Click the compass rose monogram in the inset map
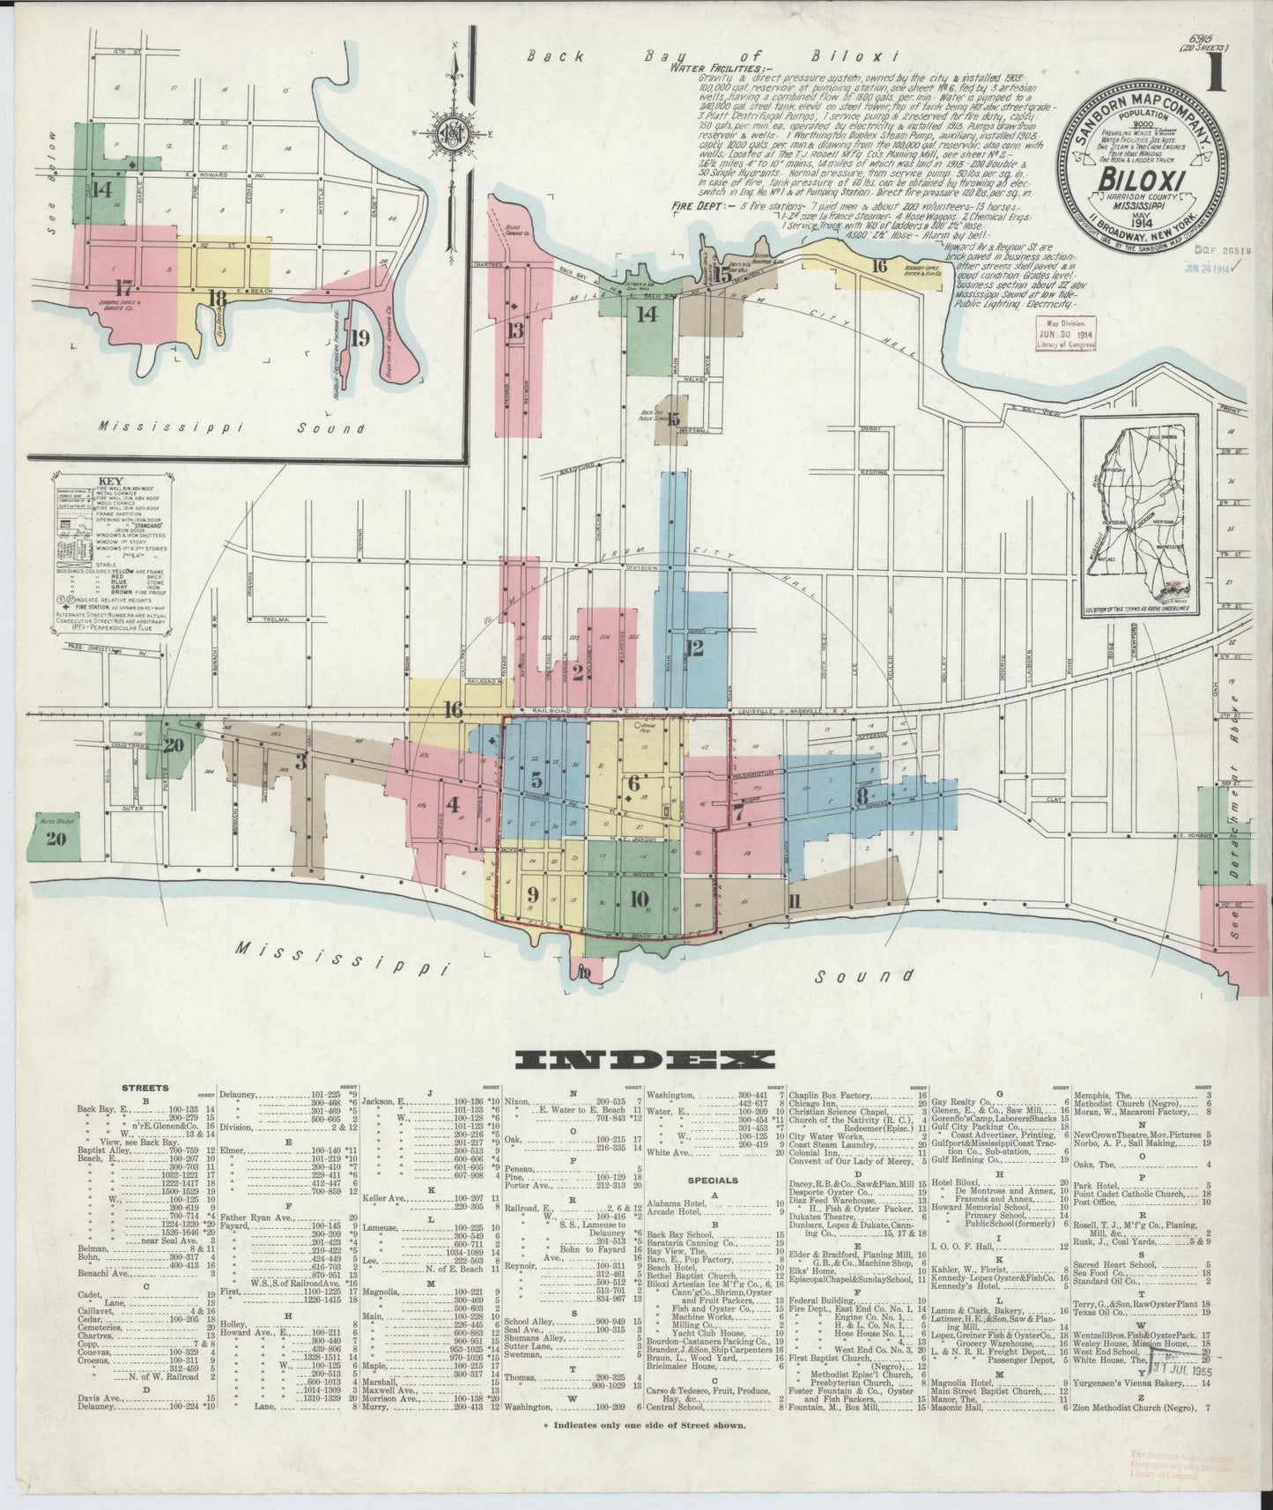click(455, 135)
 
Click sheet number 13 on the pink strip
click(515, 330)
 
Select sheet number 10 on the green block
click(640, 899)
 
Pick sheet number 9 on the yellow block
click(532, 893)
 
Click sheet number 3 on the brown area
click(301, 761)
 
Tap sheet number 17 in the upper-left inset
click(123, 285)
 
